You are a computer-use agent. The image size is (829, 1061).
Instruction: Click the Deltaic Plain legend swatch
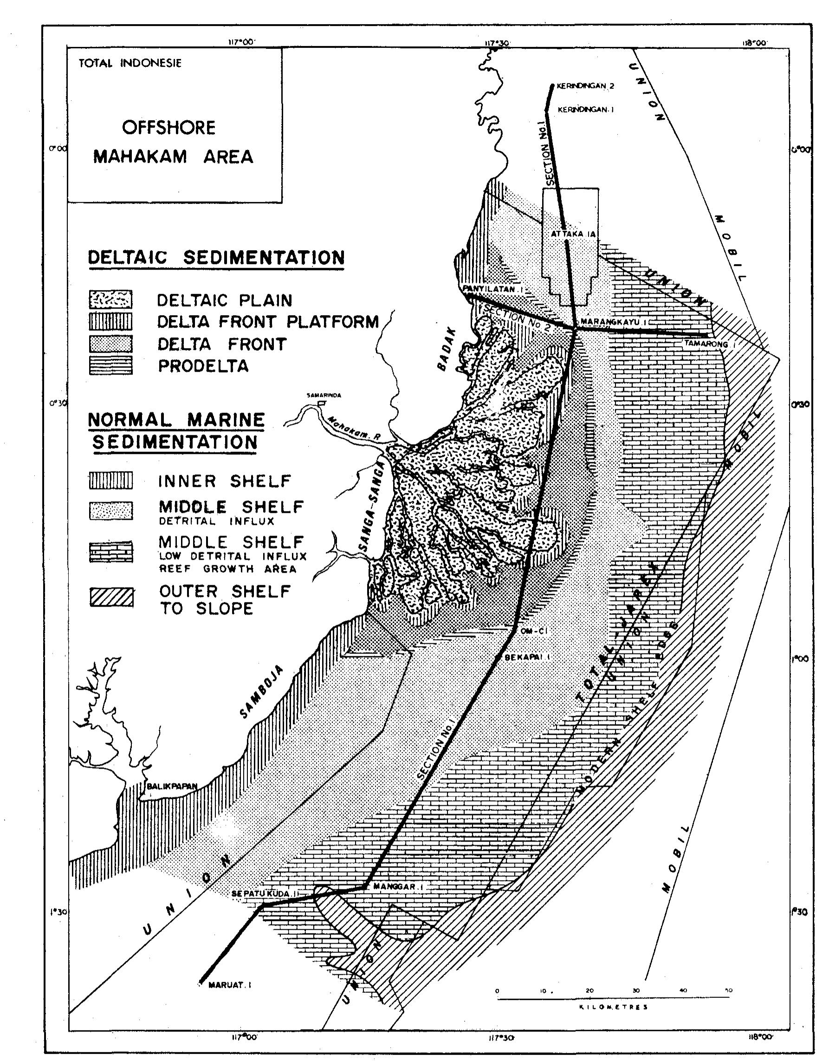(x=110, y=299)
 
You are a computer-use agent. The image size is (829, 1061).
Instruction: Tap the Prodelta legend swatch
(x=110, y=365)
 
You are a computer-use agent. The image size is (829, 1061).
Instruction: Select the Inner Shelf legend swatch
(x=110, y=480)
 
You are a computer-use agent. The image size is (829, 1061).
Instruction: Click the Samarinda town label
(x=324, y=395)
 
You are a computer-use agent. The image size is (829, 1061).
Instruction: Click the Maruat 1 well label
(x=230, y=986)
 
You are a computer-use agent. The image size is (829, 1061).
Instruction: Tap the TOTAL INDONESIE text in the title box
(x=130, y=63)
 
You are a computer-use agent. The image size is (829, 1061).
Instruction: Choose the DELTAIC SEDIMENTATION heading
(x=216, y=258)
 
